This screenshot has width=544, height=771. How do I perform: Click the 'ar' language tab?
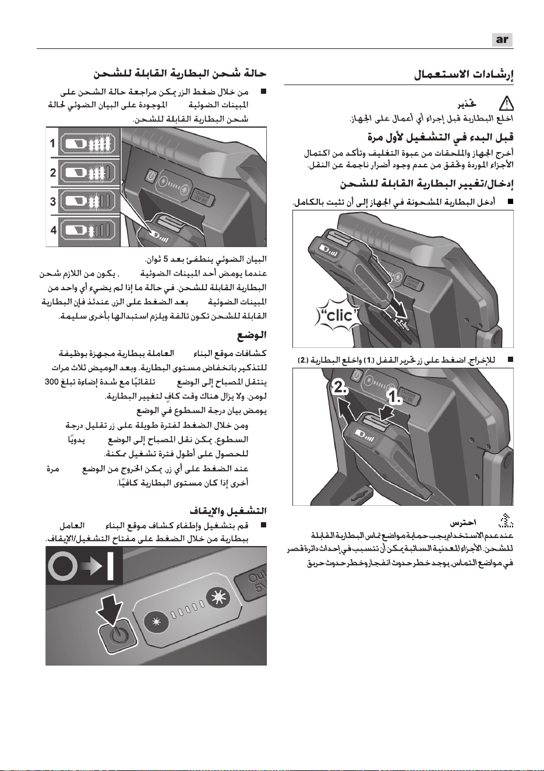pyautogui.click(x=502, y=40)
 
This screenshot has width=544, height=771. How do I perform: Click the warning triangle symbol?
pyautogui.click(x=506, y=104)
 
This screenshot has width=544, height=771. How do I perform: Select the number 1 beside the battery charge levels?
pyautogui.click(x=52, y=143)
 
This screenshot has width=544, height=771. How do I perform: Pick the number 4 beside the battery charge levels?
pyautogui.click(x=54, y=230)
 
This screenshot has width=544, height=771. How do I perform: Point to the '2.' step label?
pyautogui.click(x=341, y=389)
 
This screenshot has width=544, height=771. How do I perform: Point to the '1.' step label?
pyautogui.click(x=395, y=397)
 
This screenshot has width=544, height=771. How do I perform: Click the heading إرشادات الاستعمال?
pyautogui.click(x=464, y=75)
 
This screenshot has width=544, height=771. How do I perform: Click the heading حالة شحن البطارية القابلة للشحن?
pyautogui.click(x=180, y=73)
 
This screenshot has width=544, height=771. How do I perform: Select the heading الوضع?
pyautogui.click(x=252, y=335)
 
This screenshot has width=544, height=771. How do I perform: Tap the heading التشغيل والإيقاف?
pyautogui.click(x=228, y=511)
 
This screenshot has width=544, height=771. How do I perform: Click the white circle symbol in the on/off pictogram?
pyautogui.click(x=63, y=566)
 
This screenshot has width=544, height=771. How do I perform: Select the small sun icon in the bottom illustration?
pyautogui.click(x=158, y=622)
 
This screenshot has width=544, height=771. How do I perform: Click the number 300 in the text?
pyautogui.click(x=52, y=382)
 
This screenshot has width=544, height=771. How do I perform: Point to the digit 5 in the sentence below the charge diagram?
pyautogui.click(x=165, y=259)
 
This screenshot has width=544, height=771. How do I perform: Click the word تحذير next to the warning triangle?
pyautogui.click(x=467, y=104)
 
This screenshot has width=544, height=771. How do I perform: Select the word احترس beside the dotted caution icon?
pyautogui.click(x=463, y=523)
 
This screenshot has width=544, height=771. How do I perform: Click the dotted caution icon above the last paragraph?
pyautogui.click(x=506, y=521)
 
